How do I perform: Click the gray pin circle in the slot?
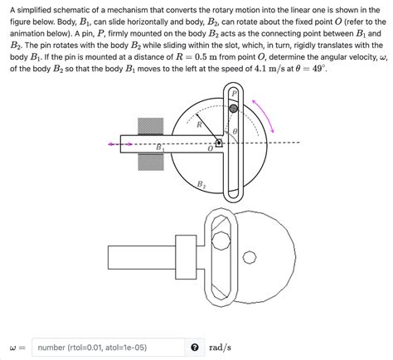234,109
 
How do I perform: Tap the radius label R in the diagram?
199,124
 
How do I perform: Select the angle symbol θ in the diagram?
235,129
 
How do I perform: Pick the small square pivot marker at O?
219,143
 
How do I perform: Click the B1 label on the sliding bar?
160,147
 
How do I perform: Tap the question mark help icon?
194,347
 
